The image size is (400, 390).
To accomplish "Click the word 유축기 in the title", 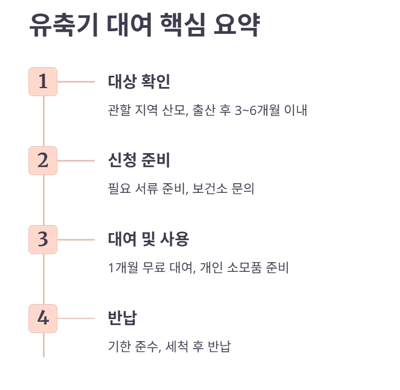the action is (63, 26).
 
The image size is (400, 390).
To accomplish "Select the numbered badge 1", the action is (43, 82).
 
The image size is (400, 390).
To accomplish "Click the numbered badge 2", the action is (43, 161).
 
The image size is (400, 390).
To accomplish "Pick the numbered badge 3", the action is (43, 240).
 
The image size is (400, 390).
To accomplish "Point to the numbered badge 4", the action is (43, 319).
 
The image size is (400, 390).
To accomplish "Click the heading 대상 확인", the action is (139, 82).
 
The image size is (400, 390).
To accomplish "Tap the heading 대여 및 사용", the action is (148, 240).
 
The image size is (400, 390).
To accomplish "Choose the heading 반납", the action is (122, 319).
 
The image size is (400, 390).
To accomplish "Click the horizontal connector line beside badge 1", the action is (76, 82).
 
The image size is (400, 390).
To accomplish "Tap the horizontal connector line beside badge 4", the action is (76, 319).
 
